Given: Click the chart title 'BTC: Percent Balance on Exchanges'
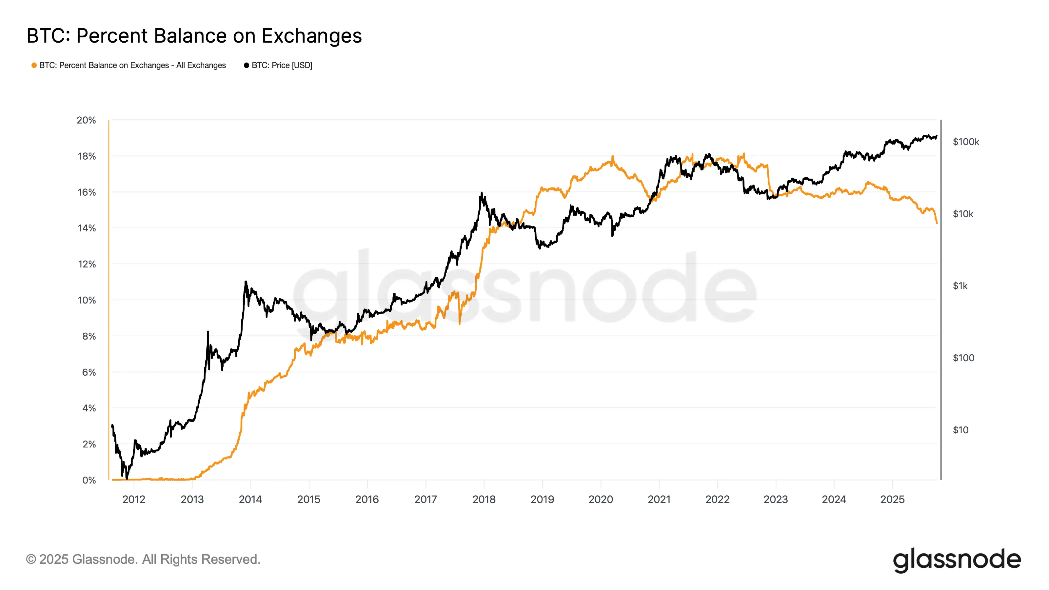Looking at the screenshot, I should [x=194, y=36].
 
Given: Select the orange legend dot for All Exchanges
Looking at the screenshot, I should [x=34, y=66].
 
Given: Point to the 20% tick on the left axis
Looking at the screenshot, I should [x=86, y=121].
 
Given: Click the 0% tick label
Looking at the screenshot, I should [x=89, y=481].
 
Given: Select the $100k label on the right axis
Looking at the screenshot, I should [x=965, y=142].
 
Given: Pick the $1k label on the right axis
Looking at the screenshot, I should [x=960, y=286].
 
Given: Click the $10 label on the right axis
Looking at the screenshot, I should [x=960, y=430].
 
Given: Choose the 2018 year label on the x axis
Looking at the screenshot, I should [x=484, y=500].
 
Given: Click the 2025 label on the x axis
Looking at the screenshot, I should [x=892, y=500].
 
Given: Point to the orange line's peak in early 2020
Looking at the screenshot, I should [x=612, y=156].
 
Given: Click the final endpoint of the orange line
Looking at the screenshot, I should [x=937, y=223].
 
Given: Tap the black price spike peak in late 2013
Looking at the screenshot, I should [x=246, y=281].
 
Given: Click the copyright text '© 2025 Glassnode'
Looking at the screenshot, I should [x=143, y=560].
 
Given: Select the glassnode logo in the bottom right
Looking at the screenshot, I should [x=957, y=560].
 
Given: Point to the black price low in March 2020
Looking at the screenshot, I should [x=612, y=235].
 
